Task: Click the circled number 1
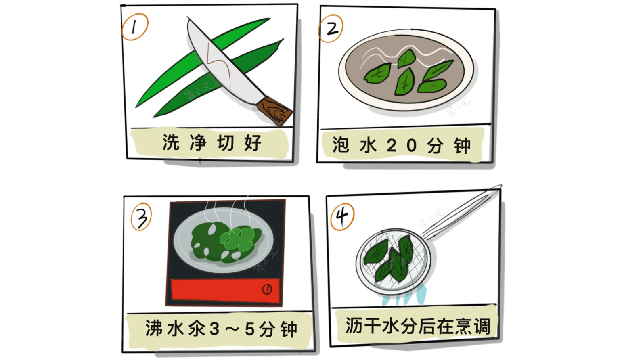(x=134, y=27)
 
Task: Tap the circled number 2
(x=331, y=29)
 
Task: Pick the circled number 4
(x=342, y=217)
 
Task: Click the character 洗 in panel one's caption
(x=171, y=142)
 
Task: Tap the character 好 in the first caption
(x=253, y=142)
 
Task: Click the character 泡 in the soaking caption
(x=340, y=145)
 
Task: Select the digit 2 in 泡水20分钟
(x=391, y=145)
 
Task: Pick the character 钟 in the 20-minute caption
(x=462, y=146)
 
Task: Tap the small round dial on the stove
(x=267, y=289)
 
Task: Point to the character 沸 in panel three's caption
(x=154, y=328)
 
